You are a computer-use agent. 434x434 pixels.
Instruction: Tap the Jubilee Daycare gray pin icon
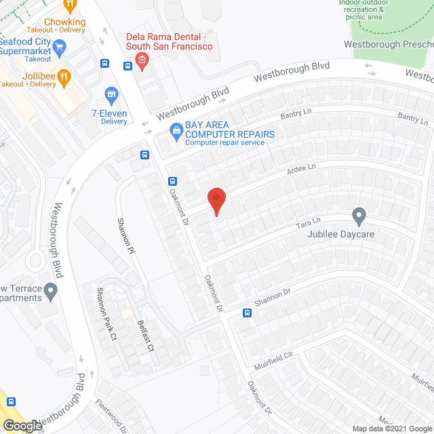tap(359, 217)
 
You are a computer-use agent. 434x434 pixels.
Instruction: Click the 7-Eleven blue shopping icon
tap(111, 94)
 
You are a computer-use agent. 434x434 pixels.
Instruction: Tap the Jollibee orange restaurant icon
tap(63, 75)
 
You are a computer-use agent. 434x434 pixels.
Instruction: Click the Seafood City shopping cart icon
tap(59, 47)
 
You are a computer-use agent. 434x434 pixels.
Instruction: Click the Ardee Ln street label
tap(302, 167)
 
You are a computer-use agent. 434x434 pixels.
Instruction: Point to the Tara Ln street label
tap(307, 222)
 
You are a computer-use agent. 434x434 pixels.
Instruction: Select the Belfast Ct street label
tap(143, 336)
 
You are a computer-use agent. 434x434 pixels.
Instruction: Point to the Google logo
tap(22, 426)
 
